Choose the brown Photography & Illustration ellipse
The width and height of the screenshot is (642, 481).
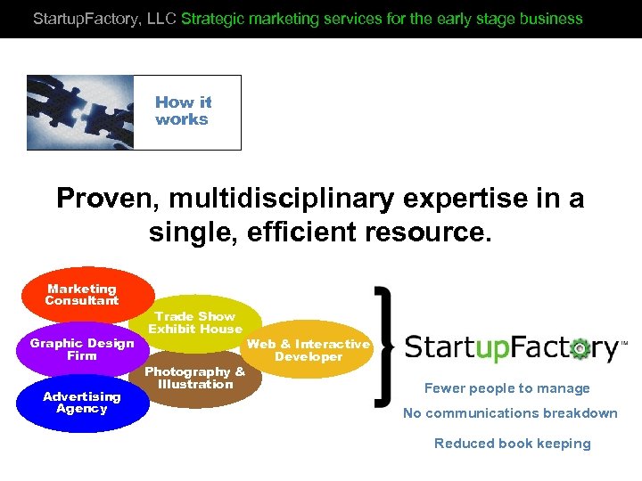(194, 379)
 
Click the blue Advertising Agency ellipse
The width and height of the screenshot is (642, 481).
(82, 403)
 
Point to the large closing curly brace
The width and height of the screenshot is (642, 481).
(384, 343)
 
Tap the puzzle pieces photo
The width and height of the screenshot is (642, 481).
(80, 112)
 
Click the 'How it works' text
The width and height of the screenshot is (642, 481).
(183, 111)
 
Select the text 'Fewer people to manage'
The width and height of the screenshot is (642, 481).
(506, 388)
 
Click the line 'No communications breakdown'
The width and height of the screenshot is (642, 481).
(510, 412)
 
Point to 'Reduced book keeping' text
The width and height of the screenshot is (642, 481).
(512, 444)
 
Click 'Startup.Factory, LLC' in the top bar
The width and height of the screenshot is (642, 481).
(104, 18)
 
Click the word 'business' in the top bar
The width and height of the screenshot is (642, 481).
(554, 18)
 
